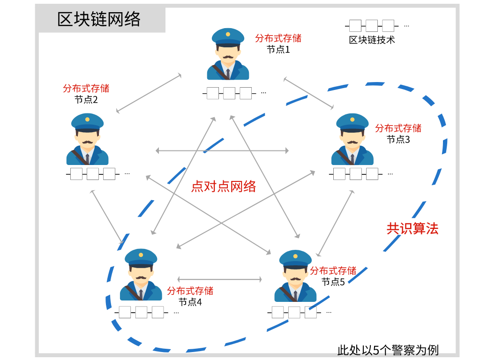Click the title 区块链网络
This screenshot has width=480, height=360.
[99, 20]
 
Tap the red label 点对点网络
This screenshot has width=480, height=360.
[224, 187]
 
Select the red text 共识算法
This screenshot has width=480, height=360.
[412, 228]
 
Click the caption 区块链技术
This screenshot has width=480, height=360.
[372, 40]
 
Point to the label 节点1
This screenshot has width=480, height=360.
[278, 49]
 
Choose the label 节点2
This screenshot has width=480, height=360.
[86, 99]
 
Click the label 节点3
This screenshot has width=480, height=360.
[398, 139]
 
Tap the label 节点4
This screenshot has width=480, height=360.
[190, 302]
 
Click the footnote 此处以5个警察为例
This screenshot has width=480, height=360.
[388, 350]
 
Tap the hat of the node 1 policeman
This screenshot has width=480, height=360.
[228, 37]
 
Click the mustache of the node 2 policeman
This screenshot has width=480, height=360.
[87, 142]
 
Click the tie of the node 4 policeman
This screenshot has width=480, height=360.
[141, 294]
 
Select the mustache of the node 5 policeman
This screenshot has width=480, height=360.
[295, 280]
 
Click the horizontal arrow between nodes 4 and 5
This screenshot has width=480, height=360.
[219, 280]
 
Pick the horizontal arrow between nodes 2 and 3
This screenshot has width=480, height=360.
[222, 150]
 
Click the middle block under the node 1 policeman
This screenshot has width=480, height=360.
[229, 93]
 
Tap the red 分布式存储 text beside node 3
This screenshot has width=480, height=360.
[398, 128]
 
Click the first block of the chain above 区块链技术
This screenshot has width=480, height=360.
[356, 25]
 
